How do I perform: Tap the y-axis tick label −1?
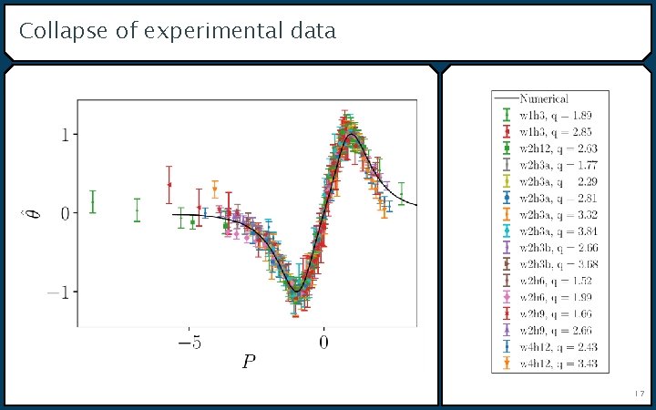(60, 292)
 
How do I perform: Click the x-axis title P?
(249, 363)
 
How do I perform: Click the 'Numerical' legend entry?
(544, 98)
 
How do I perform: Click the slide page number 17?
(639, 394)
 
